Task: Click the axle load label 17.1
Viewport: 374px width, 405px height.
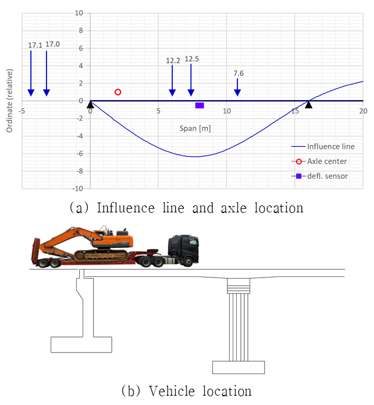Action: coord(35,45)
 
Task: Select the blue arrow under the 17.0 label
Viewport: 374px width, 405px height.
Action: coord(47,73)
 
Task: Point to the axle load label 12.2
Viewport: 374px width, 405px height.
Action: coord(173,61)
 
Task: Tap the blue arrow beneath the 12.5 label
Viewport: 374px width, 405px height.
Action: coord(191,80)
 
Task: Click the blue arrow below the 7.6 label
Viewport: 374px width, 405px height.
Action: coord(237,87)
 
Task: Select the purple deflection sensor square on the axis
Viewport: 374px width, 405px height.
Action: coord(200,105)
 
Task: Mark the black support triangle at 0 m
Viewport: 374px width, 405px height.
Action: coord(90,105)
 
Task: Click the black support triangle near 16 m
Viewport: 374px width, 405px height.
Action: coord(308,105)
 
